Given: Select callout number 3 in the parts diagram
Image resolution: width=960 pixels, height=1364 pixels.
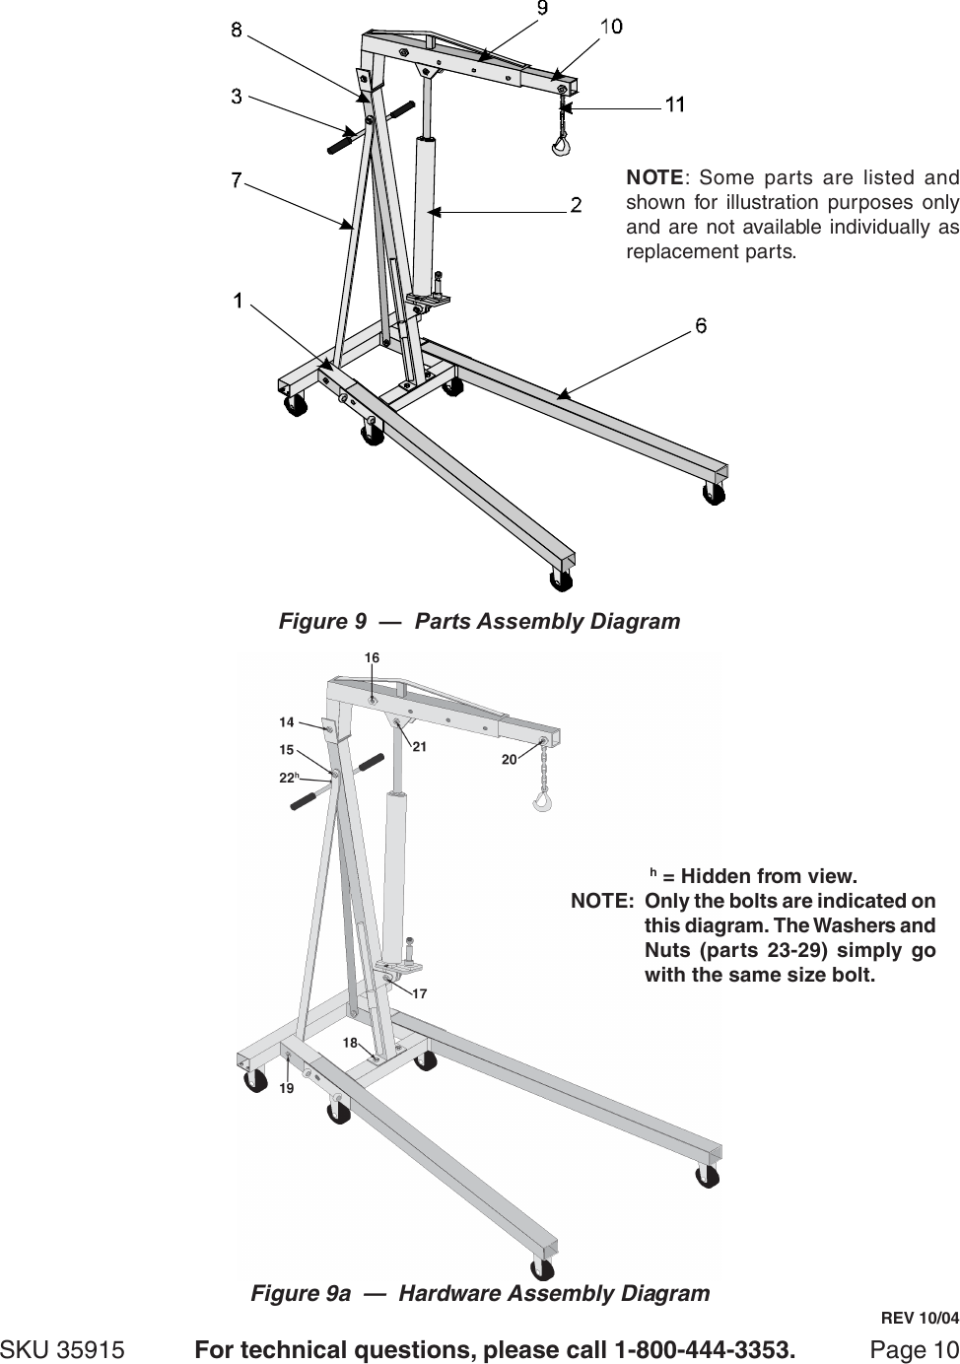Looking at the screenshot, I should coord(238,96).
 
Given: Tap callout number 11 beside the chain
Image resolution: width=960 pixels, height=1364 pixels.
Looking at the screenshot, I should coord(675,103).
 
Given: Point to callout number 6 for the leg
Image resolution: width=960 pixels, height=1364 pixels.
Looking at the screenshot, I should coord(701,325).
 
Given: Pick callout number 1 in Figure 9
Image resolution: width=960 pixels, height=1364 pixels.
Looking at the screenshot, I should coord(238,300).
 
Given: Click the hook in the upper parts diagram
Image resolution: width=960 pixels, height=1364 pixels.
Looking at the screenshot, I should coord(561,146).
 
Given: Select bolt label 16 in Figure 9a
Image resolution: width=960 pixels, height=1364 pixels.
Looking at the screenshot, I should coord(372,656).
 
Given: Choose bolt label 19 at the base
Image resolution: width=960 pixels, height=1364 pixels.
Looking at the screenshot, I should coord(286,1089).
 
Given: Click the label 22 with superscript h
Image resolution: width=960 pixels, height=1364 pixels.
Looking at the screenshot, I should coord(289,778).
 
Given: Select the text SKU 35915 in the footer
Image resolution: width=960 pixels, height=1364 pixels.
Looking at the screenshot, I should coord(63,1348).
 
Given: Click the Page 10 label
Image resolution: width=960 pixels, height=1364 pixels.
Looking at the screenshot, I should coord(914,1348).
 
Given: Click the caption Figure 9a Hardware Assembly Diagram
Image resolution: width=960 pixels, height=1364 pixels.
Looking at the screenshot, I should coord(480,1293).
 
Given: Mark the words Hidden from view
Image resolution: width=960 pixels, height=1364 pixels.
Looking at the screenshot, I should coord(769,876).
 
